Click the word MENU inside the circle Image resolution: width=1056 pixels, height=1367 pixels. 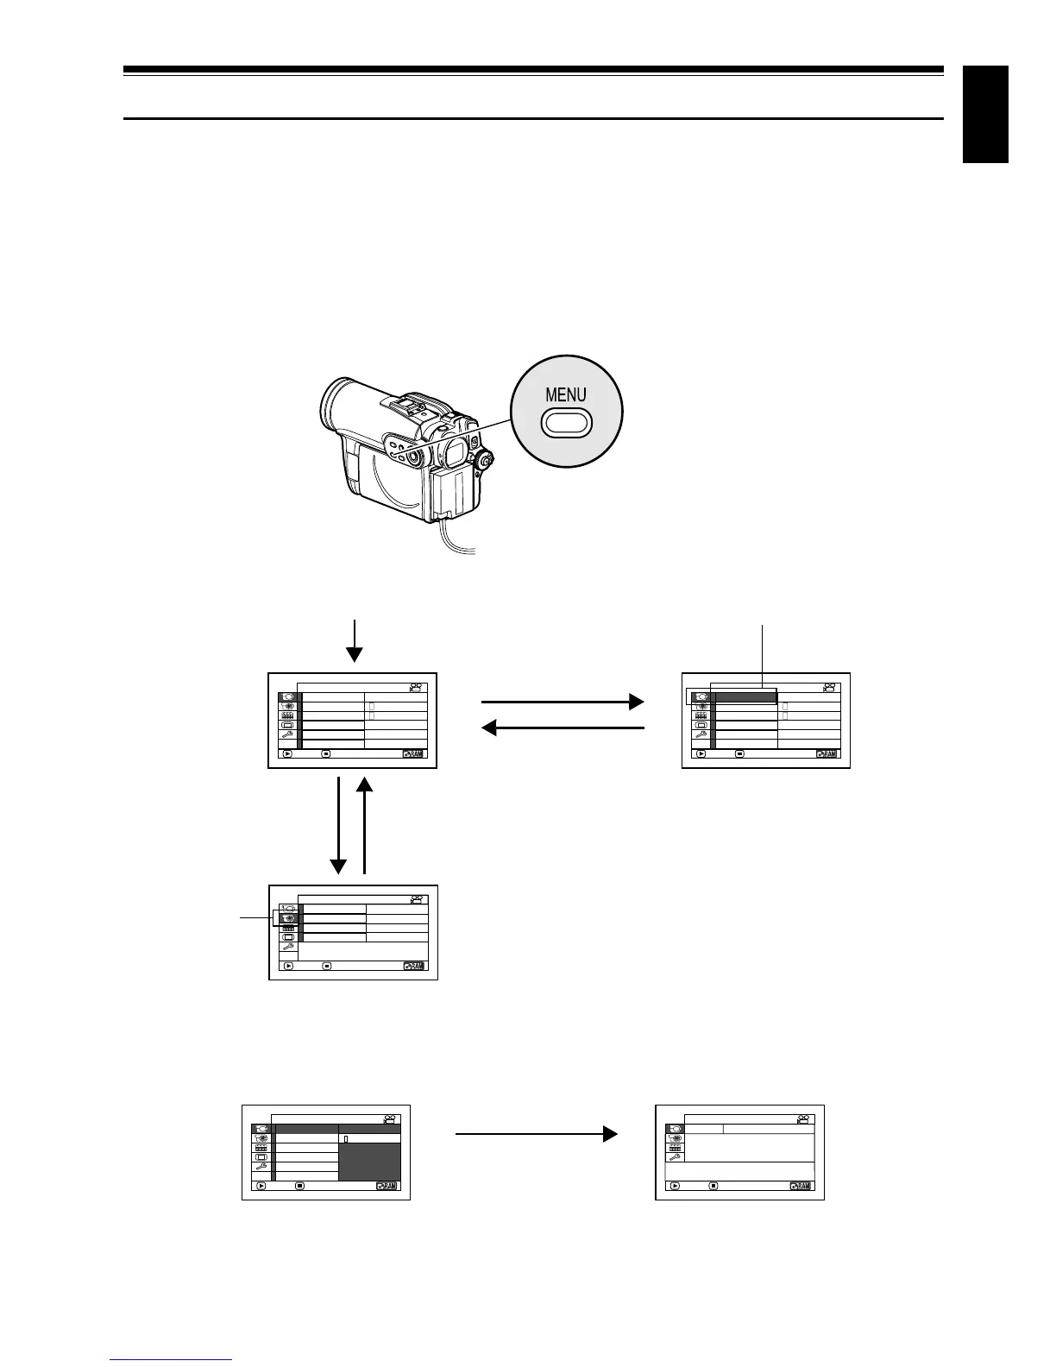(x=565, y=395)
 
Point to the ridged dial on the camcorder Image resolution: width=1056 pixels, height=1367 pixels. (x=485, y=462)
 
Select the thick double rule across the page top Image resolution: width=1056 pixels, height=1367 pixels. (x=533, y=71)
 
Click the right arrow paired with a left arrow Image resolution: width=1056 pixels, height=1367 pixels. (x=562, y=702)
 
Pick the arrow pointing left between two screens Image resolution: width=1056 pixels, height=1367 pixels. (x=562, y=729)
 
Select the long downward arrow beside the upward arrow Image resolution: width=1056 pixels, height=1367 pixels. (x=338, y=825)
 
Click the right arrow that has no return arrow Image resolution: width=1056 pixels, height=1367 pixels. (x=536, y=1133)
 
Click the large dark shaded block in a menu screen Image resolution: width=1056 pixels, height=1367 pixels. (x=369, y=1162)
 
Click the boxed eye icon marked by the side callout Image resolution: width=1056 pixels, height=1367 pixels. (x=288, y=918)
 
